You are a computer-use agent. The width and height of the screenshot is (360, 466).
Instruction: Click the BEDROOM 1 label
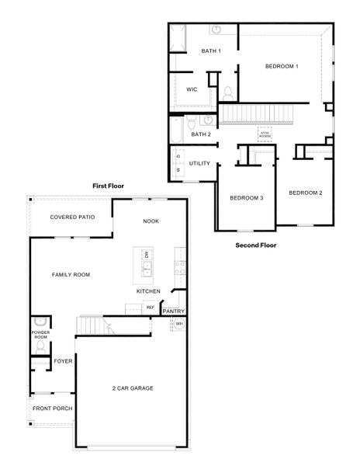[282, 67]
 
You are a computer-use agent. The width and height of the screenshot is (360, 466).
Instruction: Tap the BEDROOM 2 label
[305, 193]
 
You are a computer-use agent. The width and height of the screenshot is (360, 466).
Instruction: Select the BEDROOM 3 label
[247, 198]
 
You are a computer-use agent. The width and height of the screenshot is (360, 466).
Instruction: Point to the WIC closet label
[192, 89]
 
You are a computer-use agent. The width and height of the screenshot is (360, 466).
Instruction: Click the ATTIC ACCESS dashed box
[265, 135]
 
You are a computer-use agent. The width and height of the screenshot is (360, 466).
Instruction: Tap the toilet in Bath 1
[227, 92]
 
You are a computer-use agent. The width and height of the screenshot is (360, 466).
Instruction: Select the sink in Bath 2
[208, 120]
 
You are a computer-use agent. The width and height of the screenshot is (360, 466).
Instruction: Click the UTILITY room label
[199, 164]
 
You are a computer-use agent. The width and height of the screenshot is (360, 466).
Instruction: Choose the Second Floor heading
[256, 245]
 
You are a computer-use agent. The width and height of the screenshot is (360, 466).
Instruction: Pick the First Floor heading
[108, 186]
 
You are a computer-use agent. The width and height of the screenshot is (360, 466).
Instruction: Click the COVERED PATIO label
[72, 217]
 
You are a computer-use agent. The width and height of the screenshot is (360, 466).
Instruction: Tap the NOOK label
[151, 221]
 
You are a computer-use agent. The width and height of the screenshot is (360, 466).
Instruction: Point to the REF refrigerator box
[151, 308]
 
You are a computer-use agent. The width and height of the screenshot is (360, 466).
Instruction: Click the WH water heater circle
[178, 323]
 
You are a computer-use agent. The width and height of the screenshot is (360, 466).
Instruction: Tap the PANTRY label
[174, 311]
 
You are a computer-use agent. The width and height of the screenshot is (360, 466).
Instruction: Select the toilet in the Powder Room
[40, 322]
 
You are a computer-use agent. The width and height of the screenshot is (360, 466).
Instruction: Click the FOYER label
[63, 361]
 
